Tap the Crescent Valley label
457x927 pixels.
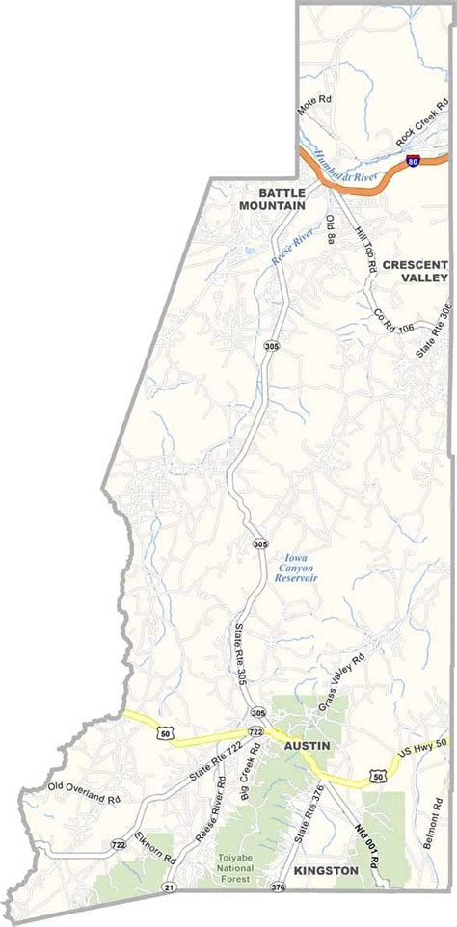coord(416,270)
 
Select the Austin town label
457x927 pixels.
coord(307,746)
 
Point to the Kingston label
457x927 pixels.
coord(328,870)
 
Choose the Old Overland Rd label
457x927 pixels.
coord(84,793)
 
